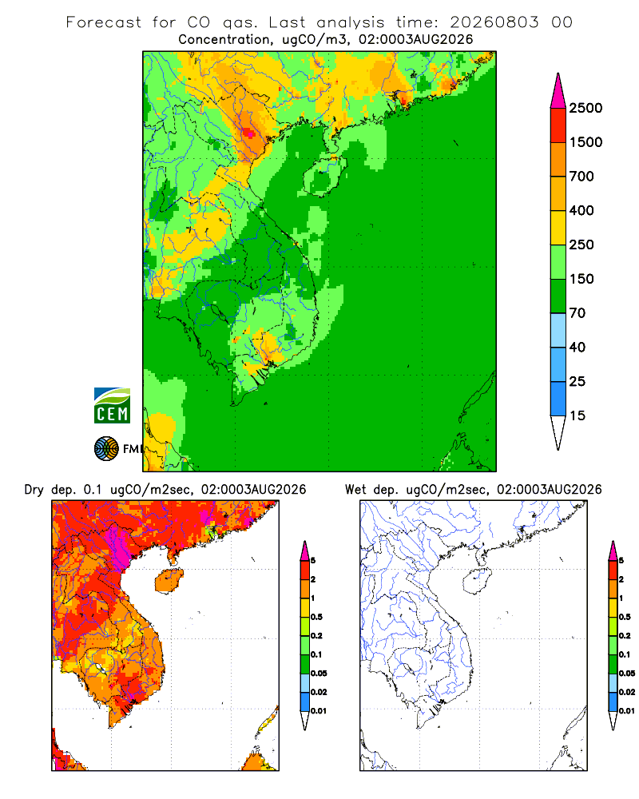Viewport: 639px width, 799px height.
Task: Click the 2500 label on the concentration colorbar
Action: (585, 108)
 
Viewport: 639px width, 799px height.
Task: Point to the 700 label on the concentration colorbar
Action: (581, 177)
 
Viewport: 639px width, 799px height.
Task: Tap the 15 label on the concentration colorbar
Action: (577, 415)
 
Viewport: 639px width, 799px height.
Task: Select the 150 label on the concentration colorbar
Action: (581, 279)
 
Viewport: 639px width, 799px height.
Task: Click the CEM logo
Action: (112, 406)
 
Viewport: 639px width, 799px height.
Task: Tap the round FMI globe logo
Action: (106, 449)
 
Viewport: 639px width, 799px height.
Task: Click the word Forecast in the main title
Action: (104, 22)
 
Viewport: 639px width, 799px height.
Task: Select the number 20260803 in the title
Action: (494, 22)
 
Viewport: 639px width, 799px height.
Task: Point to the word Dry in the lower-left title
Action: (34, 490)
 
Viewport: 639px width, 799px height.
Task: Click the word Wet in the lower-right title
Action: (355, 490)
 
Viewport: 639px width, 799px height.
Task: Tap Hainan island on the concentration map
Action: (324, 177)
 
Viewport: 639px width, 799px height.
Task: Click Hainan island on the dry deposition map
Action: (169, 581)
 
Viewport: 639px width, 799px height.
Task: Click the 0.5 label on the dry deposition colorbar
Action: (316, 617)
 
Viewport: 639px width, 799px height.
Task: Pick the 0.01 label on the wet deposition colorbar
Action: (627, 711)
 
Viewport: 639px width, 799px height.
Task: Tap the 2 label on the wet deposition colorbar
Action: (621, 579)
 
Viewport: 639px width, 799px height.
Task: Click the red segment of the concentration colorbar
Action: (558, 125)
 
